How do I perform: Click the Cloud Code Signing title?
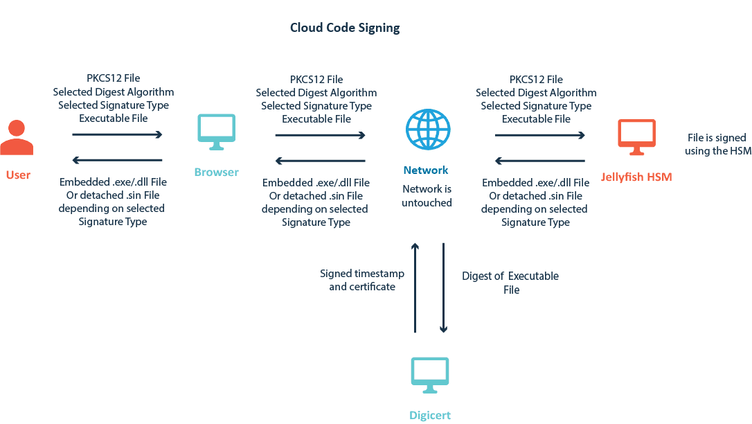344,28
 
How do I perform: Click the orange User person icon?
17,137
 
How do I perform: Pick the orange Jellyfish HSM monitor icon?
636,136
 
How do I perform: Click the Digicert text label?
430,416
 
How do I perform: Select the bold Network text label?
426,170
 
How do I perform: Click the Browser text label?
216,172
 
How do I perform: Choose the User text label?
18,175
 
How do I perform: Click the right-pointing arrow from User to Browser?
117,135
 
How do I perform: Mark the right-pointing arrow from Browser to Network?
320,135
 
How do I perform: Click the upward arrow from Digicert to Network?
415,288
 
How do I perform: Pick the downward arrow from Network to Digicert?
444,288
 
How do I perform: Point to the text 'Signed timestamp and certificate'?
361,280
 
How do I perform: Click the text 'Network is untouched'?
427,195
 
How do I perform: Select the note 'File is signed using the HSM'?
717,145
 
